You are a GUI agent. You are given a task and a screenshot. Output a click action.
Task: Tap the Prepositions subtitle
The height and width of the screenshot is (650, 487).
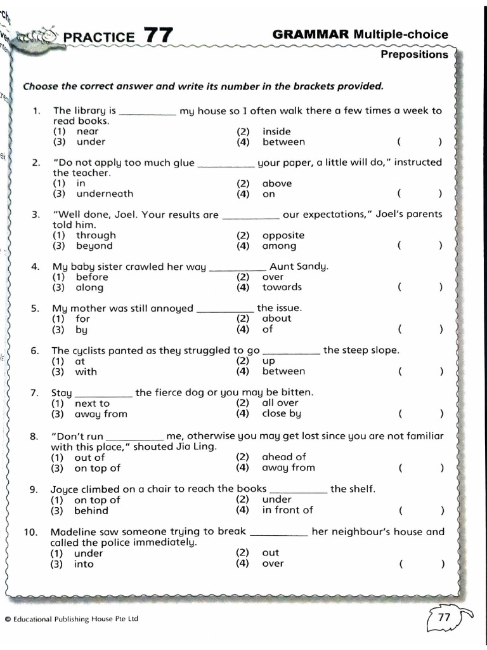[414, 55]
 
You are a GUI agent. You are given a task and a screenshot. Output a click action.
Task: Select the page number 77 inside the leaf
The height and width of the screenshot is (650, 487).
[444, 617]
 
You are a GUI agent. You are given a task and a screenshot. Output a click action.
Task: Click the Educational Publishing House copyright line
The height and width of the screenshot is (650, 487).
[70, 619]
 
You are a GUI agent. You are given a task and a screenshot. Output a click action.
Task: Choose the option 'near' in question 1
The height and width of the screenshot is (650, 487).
[87, 131]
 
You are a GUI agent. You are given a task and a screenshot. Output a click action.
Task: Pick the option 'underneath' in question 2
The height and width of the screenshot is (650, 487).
[105, 194]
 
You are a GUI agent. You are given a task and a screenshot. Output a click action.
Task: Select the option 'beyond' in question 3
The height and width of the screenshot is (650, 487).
[94, 246]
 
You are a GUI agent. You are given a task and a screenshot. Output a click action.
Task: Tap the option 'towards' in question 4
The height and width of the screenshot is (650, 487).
[282, 287]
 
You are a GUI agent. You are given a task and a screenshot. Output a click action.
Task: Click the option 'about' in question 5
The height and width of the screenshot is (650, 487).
[276, 319]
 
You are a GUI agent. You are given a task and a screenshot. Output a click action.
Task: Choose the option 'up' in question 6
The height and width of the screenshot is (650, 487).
[268, 361]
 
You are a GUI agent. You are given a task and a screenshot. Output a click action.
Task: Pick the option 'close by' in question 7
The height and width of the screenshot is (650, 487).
[282, 414]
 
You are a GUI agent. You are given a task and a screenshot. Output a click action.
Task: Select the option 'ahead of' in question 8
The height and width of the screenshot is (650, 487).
[283, 457]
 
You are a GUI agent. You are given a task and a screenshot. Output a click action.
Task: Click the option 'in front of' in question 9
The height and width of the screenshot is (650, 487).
[287, 510]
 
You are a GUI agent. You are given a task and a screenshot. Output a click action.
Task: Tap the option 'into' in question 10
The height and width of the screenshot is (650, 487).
[84, 564]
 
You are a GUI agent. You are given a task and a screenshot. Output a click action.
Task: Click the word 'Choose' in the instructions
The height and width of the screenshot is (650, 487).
[40, 86]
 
